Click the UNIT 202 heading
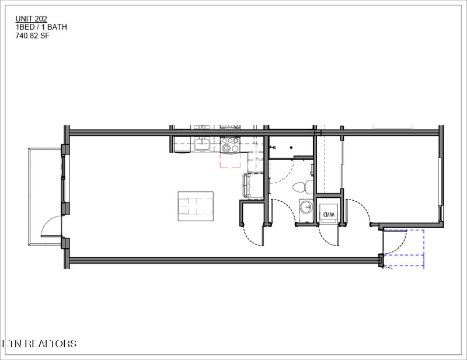click(32, 19)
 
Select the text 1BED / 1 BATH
click(41, 27)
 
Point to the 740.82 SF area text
click(33, 36)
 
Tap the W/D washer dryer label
click(329, 214)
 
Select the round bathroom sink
click(306, 207)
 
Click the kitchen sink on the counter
click(202, 144)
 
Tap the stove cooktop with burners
click(230, 145)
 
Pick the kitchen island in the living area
click(196, 206)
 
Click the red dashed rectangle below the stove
click(230, 160)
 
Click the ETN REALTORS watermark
click(39, 343)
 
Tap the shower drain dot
click(291, 148)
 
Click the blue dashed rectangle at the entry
click(403, 248)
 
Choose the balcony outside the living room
click(45, 197)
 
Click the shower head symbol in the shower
click(272, 147)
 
